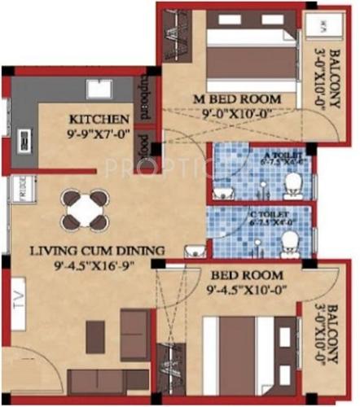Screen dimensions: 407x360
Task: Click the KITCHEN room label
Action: click(x=99, y=118)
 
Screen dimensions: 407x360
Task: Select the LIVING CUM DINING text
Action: click(x=95, y=250)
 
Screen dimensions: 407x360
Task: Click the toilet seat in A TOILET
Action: click(x=291, y=186)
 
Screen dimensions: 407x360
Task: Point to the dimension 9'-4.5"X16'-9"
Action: click(x=95, y=265)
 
